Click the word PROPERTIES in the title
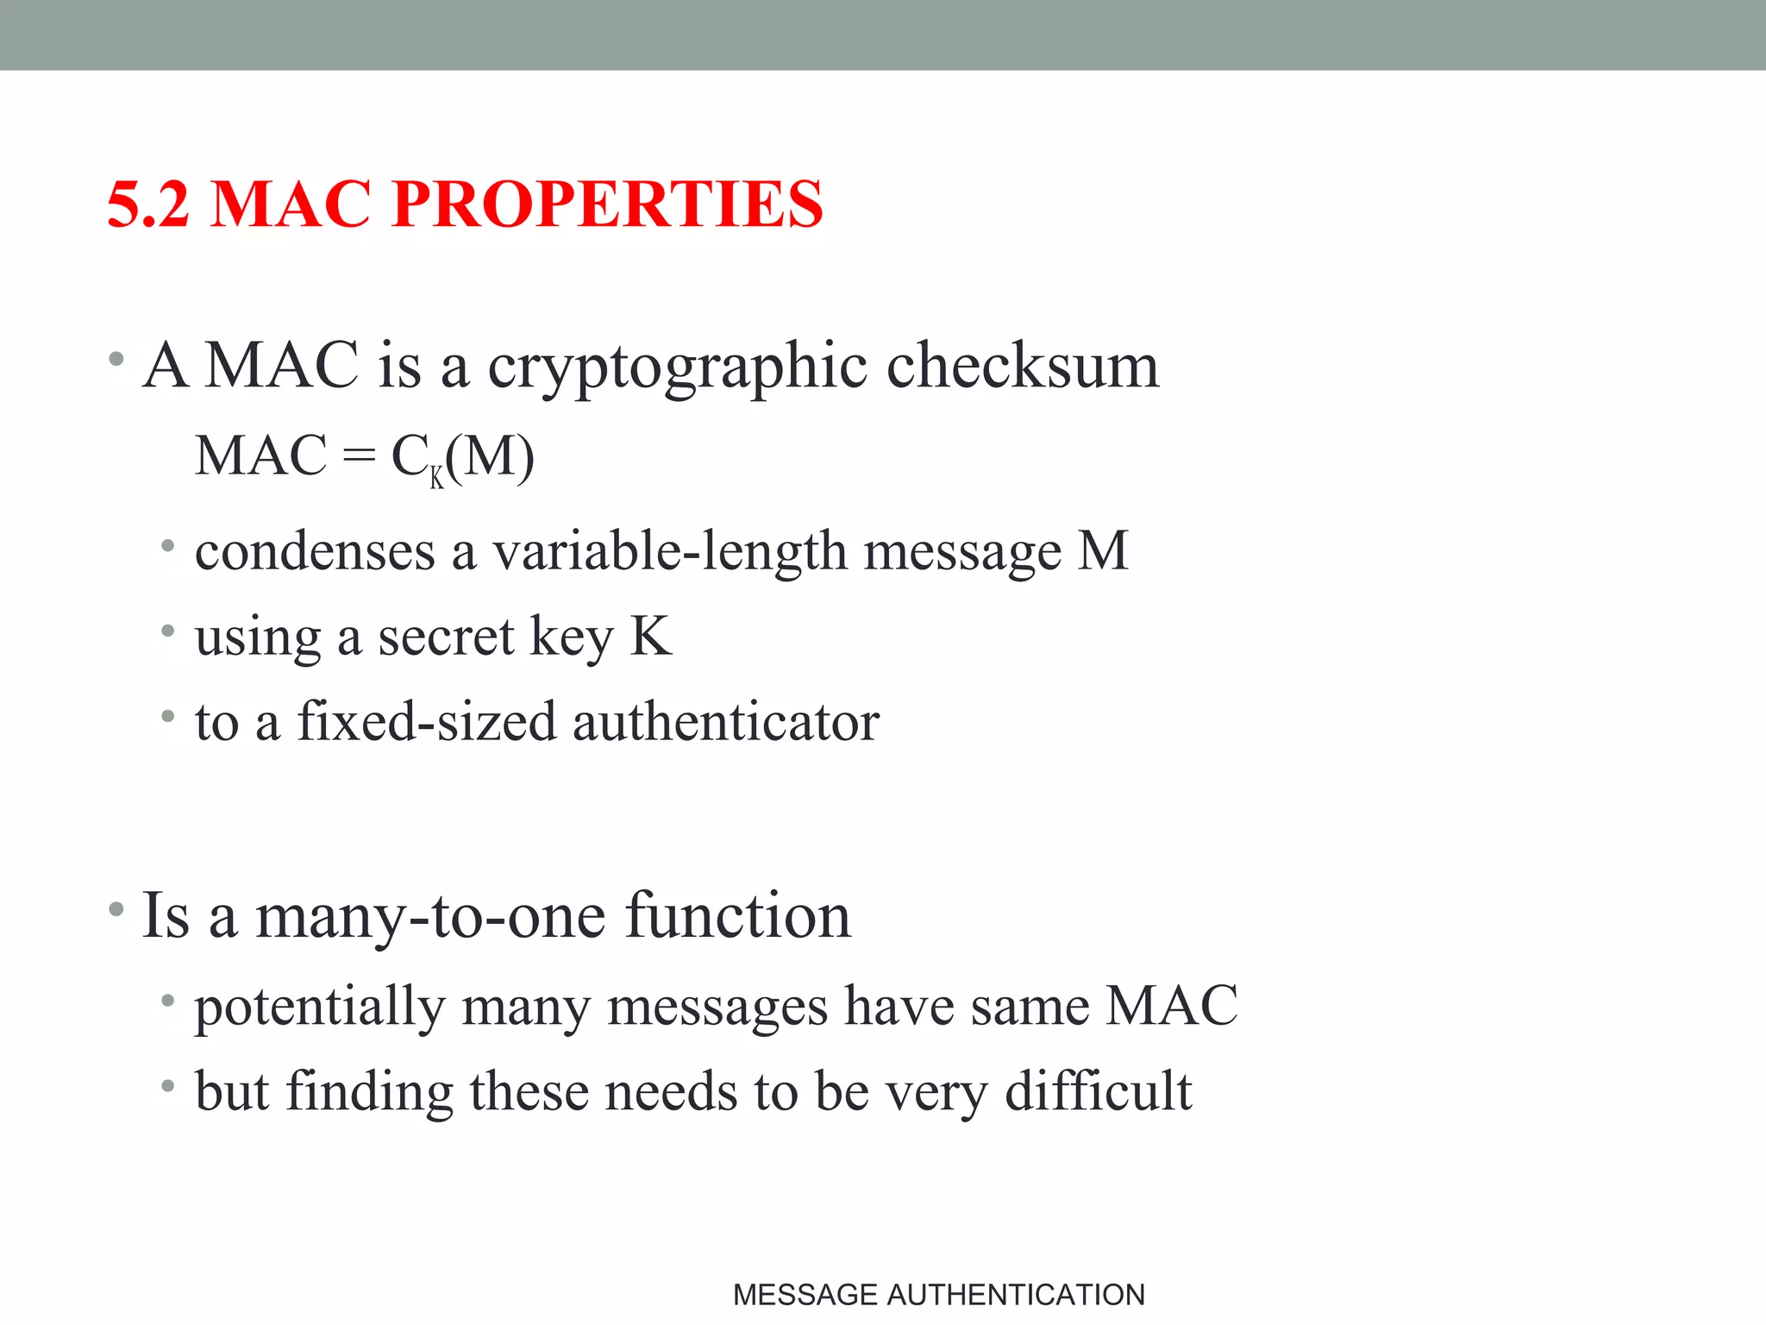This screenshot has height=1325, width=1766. coord(607,204)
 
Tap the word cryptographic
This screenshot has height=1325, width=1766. coord(677,367)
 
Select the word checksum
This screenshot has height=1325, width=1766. coord(1023,365)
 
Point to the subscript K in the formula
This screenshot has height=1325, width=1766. coord(437,477)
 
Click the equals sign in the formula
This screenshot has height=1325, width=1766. coord(359,456)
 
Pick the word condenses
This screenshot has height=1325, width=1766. coord(315,551)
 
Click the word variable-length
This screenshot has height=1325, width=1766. coord(669,551)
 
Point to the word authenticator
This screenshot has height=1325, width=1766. coord(725,721)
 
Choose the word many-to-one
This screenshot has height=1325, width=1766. coord(431,916)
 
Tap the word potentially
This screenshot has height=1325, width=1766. coord(319,1007)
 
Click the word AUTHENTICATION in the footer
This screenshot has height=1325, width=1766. coord(1015,1295)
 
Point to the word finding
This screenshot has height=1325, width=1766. coord(369,1091)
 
